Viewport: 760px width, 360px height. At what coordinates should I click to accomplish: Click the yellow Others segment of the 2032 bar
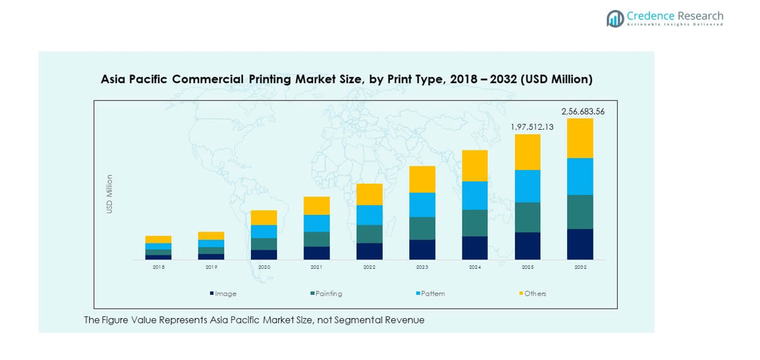(580, 138)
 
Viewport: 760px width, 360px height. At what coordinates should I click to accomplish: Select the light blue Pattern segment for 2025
(527, 186)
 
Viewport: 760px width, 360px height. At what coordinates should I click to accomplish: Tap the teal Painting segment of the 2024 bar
(475, 223)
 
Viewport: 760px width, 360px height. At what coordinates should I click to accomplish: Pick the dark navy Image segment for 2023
(422, 250)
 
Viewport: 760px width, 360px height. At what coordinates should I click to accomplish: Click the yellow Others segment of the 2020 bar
(264, 218)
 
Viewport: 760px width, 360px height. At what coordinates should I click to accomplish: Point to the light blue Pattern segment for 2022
(369, 215)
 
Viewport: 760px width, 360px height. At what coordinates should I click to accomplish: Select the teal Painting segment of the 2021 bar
(317, 239)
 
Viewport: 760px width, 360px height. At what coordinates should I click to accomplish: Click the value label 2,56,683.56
(583, 111)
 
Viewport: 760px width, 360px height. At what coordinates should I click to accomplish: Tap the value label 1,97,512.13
(532, 126)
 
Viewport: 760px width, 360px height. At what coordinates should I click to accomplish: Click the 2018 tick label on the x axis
(158, 267)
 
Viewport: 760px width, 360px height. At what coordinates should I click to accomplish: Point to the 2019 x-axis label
(211, 267)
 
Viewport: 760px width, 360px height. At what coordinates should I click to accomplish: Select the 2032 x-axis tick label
(580, 267)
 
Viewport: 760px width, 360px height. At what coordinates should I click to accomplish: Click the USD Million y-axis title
(110, 194)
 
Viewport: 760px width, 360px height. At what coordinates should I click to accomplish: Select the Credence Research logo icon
(615, 19)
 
